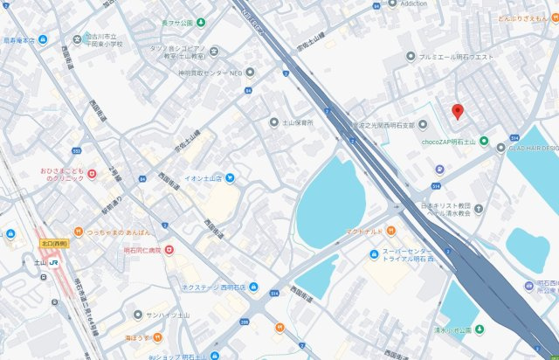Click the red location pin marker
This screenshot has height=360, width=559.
pyautogui.click(x=457, y=112)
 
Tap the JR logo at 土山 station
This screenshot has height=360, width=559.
pyautogui.click(x=55, y=261)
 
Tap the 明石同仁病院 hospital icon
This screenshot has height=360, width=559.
pyautogui.click(x=169, y=250)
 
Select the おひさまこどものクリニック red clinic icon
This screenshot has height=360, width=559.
pyautogui.click(x=91, y=175)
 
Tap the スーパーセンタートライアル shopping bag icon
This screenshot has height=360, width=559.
pyautogui.click(x=373, y=253)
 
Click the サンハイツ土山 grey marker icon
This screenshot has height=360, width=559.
pyautogui.click(x=138, y=314)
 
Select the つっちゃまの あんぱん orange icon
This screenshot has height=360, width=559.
pyautogui.click(x=78, y=233)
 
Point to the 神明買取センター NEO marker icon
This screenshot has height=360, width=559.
pyautogui.click(x=251, y=73)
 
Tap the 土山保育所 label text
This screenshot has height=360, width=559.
pyautogui.click(x=296, y=123)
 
